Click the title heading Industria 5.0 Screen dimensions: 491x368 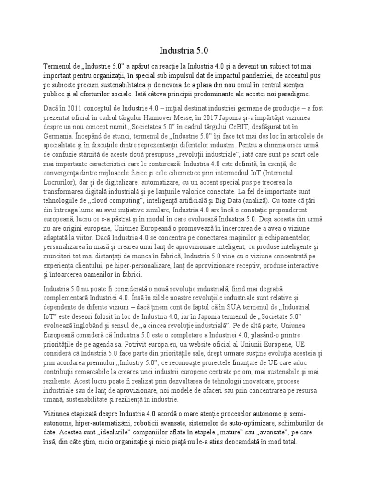(x=184, y=50)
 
